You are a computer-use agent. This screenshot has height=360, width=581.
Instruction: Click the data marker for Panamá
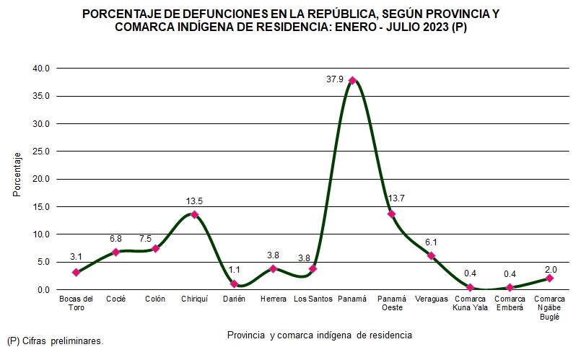coord(352,80)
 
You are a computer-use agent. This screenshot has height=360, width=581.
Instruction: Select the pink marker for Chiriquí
coord(194,214)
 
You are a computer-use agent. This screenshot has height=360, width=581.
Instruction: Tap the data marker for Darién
coord(234,284)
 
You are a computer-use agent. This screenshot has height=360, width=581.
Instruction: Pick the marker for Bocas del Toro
coord(76,272)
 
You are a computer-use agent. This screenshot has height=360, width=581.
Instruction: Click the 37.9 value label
coord(336,79)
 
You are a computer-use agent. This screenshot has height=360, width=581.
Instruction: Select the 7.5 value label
coord(165,240)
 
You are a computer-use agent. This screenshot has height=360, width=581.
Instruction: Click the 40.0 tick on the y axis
coord(41,69)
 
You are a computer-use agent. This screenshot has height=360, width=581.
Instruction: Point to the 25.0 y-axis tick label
coord(41,152)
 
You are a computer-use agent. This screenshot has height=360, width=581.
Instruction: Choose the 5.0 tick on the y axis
coord(43,262)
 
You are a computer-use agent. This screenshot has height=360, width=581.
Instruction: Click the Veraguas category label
coord(432,299)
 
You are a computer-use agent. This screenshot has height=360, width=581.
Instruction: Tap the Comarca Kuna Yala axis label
coord(471,304)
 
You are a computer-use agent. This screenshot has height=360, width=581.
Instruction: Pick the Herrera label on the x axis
coord(274,299)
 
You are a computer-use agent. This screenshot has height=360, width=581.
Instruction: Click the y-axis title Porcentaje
coord(16,178)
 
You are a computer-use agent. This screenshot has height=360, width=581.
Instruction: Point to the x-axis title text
coord(320,335)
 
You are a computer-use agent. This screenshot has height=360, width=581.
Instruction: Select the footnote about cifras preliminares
coord(55,341)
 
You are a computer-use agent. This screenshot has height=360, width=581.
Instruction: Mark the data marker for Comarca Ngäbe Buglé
coord(549,278)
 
